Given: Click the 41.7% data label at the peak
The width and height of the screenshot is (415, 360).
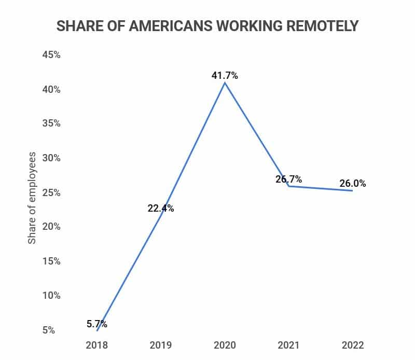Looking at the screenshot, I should point(225,76).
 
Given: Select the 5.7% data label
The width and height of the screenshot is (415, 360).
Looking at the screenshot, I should point(97,324).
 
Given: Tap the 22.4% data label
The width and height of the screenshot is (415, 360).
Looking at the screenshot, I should point(160,209).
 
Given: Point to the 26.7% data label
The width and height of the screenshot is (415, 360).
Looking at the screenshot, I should point(288,179).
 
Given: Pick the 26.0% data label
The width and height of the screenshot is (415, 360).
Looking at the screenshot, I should point(353,183).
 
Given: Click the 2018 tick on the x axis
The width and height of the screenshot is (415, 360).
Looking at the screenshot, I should point(96,345).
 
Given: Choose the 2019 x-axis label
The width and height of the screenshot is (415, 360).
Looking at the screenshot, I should point(160,345).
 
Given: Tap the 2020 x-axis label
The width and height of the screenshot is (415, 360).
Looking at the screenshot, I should point(225,345).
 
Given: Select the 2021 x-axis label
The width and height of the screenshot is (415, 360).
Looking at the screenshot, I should point(289,345).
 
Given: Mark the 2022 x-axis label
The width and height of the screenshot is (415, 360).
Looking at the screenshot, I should point(353,345).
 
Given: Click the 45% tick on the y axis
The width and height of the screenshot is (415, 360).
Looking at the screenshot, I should point(51,55).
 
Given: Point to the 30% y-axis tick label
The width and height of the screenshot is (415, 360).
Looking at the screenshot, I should point(51,158).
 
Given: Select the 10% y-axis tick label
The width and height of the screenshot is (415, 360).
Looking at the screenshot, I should point(51,296).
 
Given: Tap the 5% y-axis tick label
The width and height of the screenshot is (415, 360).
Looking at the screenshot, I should point(49,330).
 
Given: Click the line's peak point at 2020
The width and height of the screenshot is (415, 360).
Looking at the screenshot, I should point(225,82).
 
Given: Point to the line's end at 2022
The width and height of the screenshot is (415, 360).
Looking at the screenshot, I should point(353,191).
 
